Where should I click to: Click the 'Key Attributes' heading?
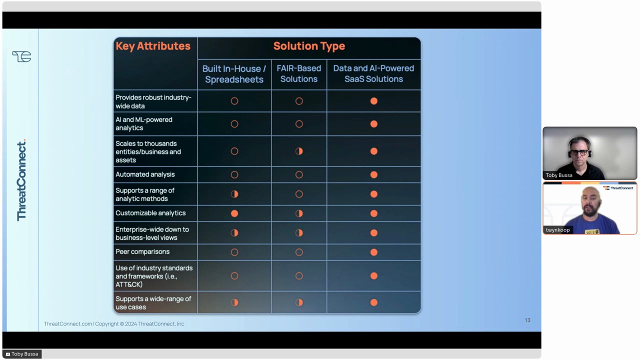pyautogui.click(x=153, y=46)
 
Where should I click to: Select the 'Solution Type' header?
pyautogui.click(x=309, y=46)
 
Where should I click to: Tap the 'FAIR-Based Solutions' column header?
pyautogui.click(x=299, y=73)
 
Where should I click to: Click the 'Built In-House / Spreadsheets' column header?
pyautogui.click(x=234, y=74)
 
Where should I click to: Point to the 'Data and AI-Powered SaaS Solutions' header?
pyautogui.click(x=373, y=73)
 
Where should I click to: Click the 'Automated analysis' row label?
pyautogui.click(x=145, y=174)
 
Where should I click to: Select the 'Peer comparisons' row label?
pyautogui.click(x=142, y=251)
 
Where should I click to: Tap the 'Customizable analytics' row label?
pyautogui.click(x=150, y=213)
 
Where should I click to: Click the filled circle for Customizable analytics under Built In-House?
pyautogui.click(x=234, y=213)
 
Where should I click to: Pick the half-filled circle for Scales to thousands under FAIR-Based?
pyautogui.click(x=299, y=151)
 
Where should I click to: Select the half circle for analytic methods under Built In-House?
pyautogui.click(x=234, y=194)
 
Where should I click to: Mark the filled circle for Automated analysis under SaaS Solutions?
pyautogui.click(x=373, y=174)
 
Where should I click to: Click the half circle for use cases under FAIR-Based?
pyautogui.click(x=299, y=302)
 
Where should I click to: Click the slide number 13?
pyautogui.click(x=527, y=320)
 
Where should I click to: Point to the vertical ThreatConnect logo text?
pyautogui.click(x=21, y=180)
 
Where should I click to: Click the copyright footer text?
pyautogui.click(x=114, y=324)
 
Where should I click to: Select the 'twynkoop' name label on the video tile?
pyautogui.click(x=557, y=230)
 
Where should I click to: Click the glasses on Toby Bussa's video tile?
pyautogui.click(x=579, y=152)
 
